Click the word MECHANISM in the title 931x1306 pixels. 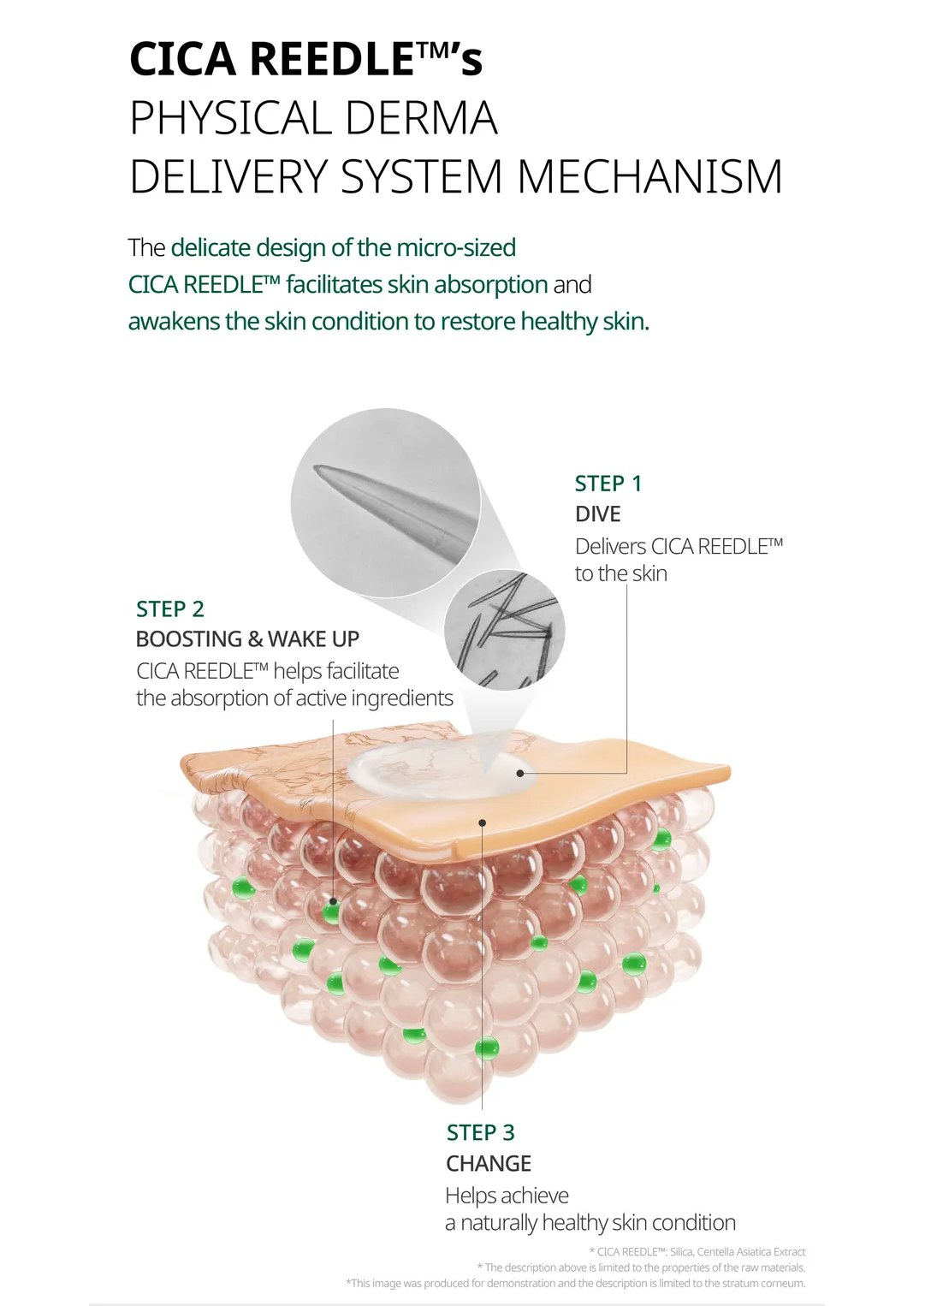[649, 176]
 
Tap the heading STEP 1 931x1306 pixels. [608, 484]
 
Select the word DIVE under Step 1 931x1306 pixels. [597, 513]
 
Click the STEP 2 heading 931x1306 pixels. [169, 608]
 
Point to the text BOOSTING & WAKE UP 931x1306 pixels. [247, 639]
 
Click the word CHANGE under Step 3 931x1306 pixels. [489, 1163]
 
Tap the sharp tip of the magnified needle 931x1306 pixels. [315, 467]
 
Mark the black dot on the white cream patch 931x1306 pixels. [520, 773]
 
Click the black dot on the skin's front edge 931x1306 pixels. [482, 822]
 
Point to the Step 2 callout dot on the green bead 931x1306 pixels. [333, 901]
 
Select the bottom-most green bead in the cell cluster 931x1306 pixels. [487, 1048]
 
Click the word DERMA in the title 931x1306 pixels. [422, 118]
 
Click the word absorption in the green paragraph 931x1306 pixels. [491, 285]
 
